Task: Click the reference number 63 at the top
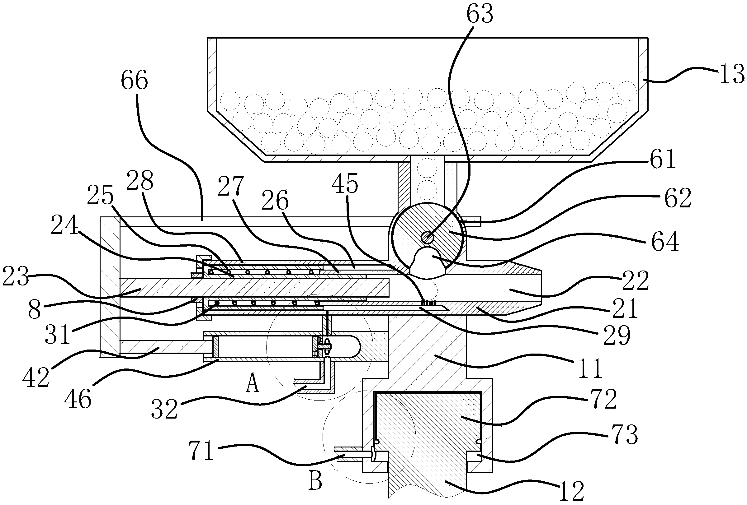[x=480, y=14]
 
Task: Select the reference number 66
[x=134, y=80]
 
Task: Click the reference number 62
[x=678, y=198]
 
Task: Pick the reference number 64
[x=665, y=242]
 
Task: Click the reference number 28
[x=140, y=180]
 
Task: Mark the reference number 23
[x=16, y=277]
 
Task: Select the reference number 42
[x=36, y=378]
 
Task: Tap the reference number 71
[x=201, y=451]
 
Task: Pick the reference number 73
[x=625, y=435]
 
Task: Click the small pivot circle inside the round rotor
[x=428, y=238]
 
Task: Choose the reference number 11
[x=590, y=369]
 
